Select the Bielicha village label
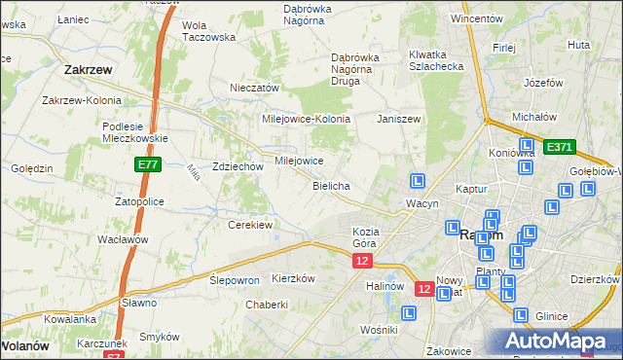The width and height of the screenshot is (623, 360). (331, 185)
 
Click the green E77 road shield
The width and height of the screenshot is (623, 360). (148, 166)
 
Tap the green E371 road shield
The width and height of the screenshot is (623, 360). (560, 147)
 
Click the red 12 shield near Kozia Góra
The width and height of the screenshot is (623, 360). (362, 261)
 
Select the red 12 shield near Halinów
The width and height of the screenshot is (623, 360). (424, 288)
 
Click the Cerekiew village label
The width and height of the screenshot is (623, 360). (249, 225)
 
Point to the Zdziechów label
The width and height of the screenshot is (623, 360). (238, 166)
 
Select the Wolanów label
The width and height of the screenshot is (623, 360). (25, 344)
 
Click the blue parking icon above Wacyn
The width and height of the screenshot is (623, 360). (418, 181)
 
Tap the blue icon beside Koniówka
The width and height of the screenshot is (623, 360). (526, 167)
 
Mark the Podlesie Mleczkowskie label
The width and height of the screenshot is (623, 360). (136, 131)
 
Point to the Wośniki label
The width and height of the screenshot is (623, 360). (378, 330)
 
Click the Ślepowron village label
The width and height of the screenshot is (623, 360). (235, 279)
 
